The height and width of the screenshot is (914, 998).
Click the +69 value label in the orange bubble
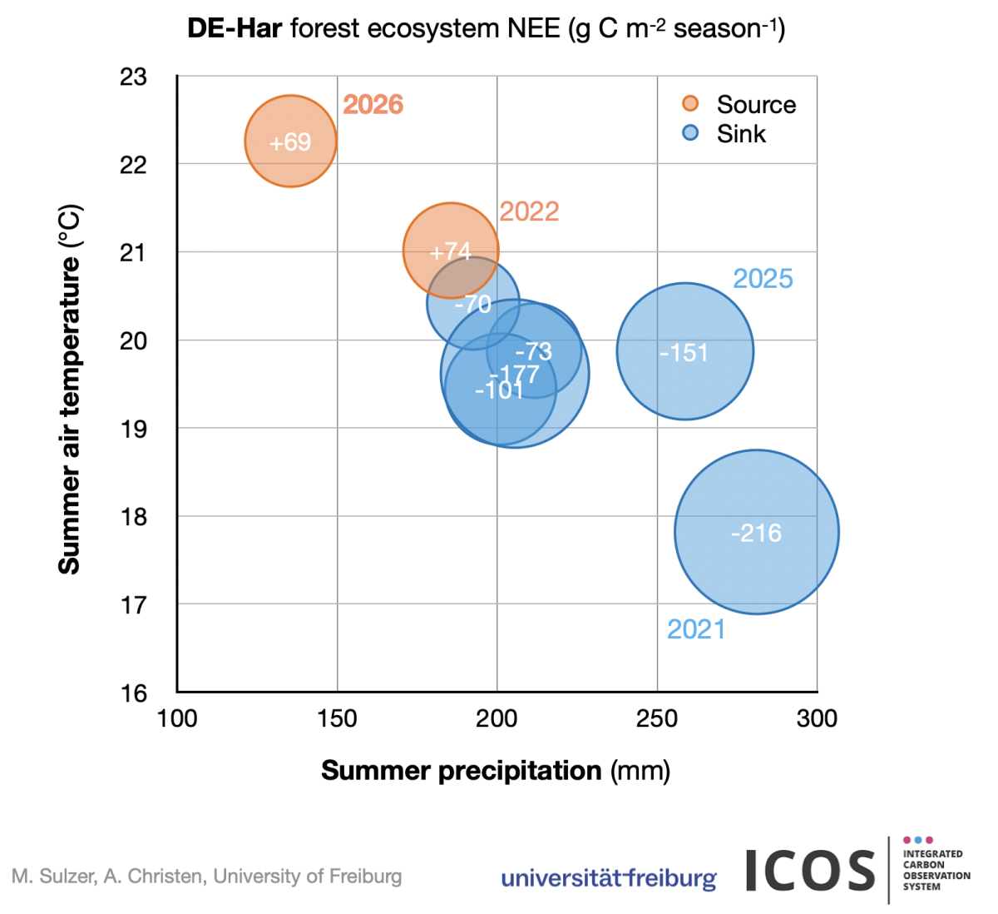(290, 142)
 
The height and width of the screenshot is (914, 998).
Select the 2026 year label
(373, 105)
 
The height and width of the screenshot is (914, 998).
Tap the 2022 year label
(529, 211)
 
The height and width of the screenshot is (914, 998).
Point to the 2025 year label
(763, 278)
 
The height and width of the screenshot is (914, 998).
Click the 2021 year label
(696, 629)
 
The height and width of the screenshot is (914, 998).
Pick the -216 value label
(756, 533)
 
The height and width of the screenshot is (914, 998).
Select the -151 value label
(684, 353)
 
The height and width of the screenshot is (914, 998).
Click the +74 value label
(450, 251)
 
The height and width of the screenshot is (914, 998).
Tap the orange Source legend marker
(690, 103)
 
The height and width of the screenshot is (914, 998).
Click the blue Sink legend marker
(690, 132)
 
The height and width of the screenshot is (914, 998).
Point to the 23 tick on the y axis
(133, 77)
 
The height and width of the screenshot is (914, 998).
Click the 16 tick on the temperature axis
(133, 693)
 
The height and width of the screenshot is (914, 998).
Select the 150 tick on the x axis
(337, 718)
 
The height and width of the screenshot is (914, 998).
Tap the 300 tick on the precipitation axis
(817, 718)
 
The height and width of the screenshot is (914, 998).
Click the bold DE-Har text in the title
(235, 28)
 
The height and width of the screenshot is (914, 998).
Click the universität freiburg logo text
(609, 878)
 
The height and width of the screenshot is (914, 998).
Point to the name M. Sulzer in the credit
(54, 877)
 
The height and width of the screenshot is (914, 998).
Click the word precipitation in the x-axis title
(520, 771)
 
